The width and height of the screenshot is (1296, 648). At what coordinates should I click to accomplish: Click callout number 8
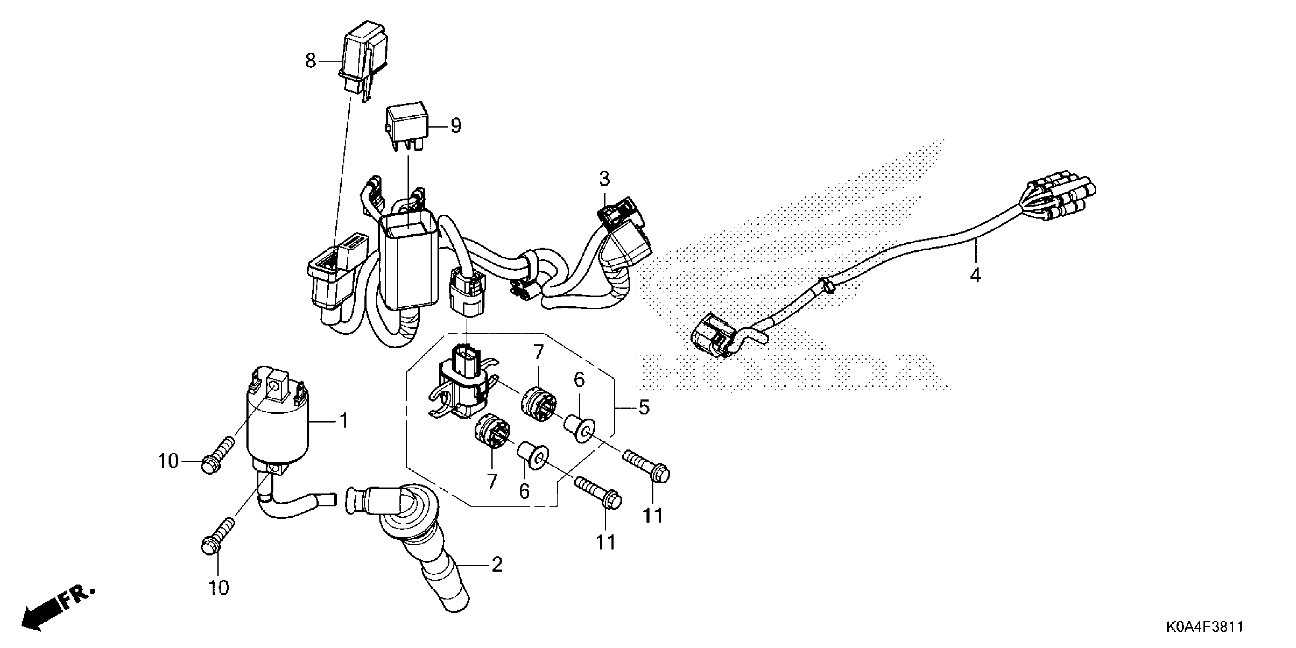click(310, 61)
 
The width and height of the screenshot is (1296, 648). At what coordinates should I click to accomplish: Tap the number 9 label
click(456, 126)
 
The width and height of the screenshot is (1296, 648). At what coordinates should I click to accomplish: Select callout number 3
click(604, 179)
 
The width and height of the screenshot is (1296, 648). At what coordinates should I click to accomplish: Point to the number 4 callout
click(975, 275)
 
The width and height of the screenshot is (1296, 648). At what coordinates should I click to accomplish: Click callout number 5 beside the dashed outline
click(644, 407)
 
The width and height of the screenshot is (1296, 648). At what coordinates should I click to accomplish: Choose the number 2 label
click(497, 565)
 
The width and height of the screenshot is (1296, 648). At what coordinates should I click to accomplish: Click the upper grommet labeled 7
click(537, 403)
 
